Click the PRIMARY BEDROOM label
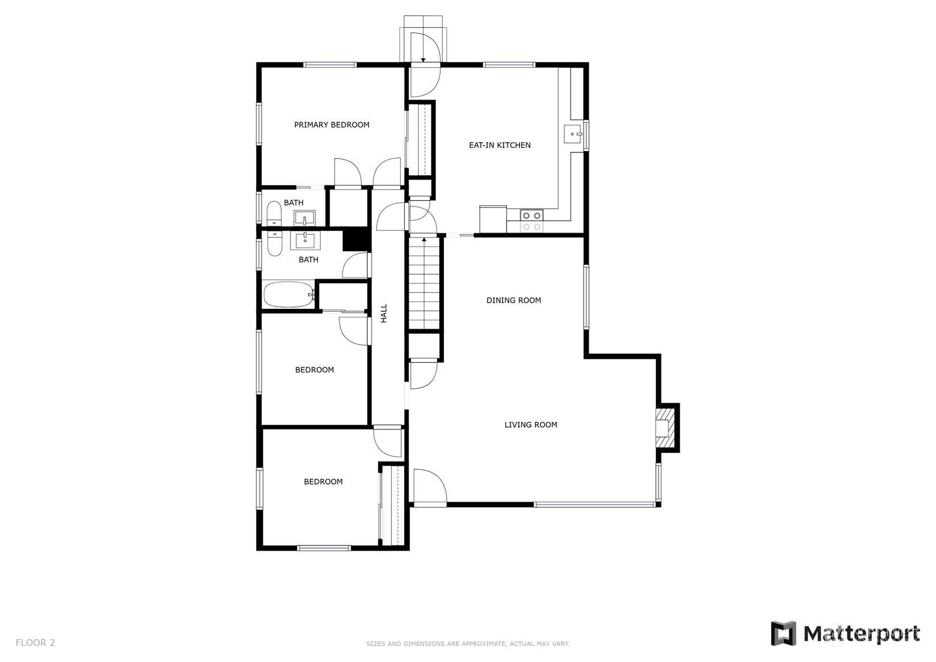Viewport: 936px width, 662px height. [x=331, y=125]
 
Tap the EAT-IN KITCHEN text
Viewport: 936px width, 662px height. [x=500, y=145]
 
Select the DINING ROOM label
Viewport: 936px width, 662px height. [x=514, y=300]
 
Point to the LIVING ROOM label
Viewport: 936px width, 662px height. [x=531, y=425]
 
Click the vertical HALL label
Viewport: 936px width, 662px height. [x=384, y=313]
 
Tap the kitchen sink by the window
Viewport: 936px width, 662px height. [x=572, y=134]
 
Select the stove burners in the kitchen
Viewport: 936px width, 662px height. [x=531, y=221]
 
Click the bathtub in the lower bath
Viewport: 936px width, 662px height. [x=288, y=295]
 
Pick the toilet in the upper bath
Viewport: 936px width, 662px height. [x=274, y=213]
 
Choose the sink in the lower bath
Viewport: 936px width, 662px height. [x=305, y=241]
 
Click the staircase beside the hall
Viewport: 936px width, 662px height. [x=424, y=283]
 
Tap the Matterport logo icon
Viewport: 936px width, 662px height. [x=783, y=633]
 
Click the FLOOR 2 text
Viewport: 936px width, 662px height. [x=35, y=643]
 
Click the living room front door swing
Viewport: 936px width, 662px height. [x=430, y=486]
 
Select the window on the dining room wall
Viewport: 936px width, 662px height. [x=586, y=297]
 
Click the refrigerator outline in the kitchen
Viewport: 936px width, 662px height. [x=493, y=219]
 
